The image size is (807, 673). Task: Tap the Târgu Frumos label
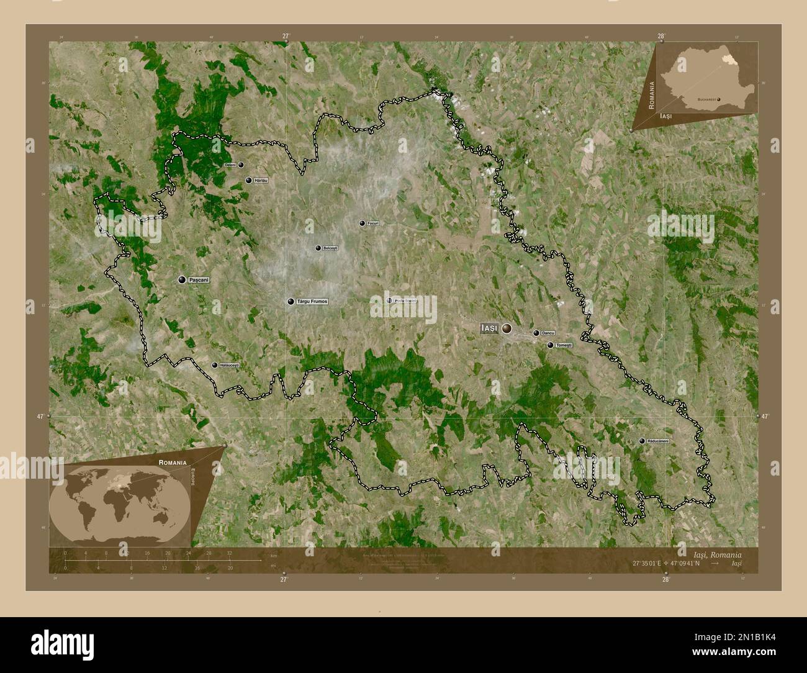(312, 302)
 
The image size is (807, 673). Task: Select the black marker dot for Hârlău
(249, 180)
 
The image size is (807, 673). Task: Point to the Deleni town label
(230, 165)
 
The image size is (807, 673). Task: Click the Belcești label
(330, 248)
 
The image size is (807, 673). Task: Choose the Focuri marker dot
(363, 223)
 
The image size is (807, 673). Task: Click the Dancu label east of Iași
(548, 333)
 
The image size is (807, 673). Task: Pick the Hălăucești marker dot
(215, 365)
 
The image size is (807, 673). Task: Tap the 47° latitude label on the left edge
(41, 417)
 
